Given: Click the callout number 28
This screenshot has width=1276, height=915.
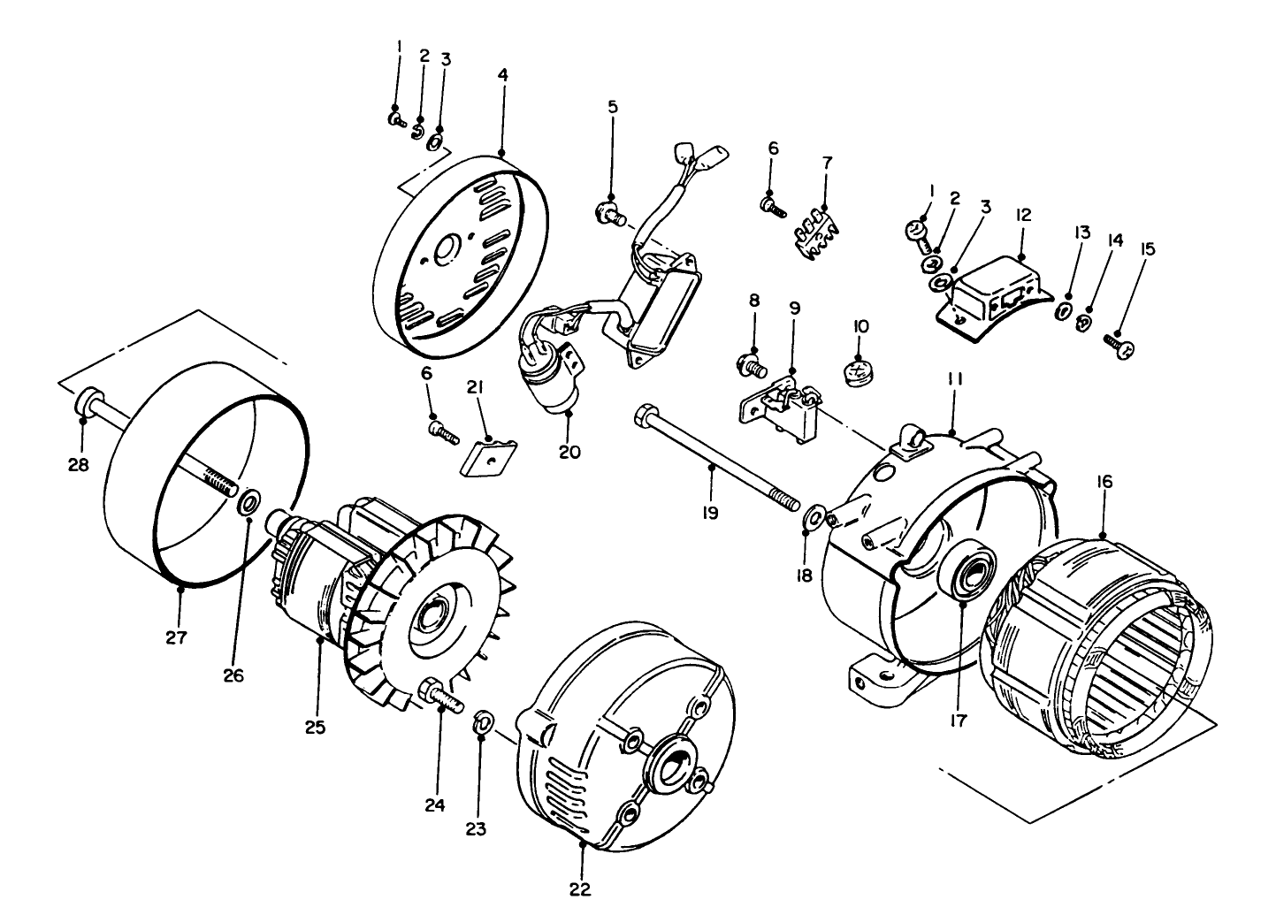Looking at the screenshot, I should (79, 463).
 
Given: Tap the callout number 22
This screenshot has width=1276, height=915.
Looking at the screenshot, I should (580, 888).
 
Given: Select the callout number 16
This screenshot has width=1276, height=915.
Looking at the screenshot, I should (1104, 482).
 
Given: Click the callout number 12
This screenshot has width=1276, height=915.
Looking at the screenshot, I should (1023, 215).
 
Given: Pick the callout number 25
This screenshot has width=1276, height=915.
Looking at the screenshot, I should (316, 727).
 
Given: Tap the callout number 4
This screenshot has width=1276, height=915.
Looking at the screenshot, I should (502, 75).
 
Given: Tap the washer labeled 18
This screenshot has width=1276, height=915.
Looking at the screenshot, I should (814, 515).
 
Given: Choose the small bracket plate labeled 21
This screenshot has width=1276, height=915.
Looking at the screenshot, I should (487, 454).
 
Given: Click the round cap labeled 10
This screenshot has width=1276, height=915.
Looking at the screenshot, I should (859, 372).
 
